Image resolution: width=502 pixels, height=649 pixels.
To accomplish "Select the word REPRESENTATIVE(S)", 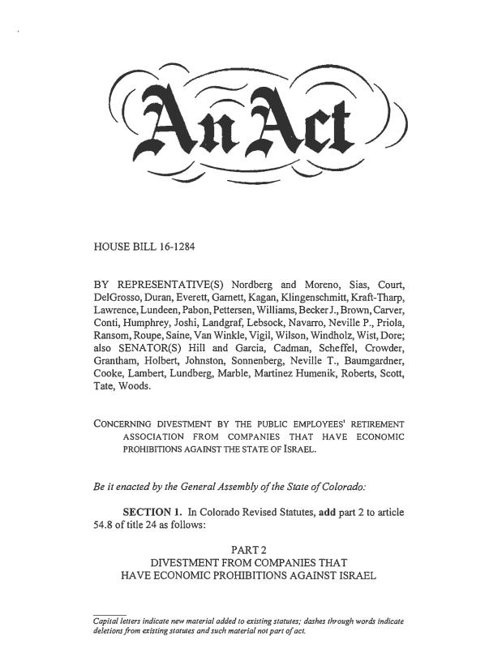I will tap(169, 285).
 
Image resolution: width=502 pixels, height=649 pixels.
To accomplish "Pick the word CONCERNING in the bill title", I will tap(124, 423).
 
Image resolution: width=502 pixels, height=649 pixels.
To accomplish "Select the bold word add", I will tap(328, 512).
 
